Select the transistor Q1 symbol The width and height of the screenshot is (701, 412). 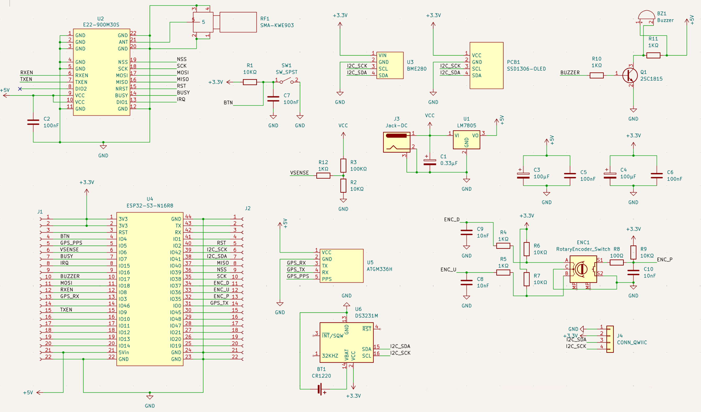point(630,75)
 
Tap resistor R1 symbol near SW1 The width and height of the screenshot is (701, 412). point(250,82)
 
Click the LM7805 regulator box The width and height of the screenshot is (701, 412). point(466,140)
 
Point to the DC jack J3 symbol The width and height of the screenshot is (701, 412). point(396,142)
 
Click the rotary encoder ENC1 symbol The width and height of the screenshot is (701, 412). point(583,269)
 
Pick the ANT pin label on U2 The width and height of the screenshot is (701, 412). point(123,42)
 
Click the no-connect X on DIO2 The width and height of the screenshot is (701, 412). point(20,89)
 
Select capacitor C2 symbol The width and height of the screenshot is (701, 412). point(33,122)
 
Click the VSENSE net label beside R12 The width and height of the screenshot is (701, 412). point(299,173)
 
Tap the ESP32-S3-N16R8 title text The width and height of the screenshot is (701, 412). point(150,206)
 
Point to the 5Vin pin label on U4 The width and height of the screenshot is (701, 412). point(124,353)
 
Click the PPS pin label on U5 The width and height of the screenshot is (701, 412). point(327,279)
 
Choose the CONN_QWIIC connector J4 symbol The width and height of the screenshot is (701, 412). point(610,339)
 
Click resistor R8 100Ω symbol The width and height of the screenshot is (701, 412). point(616,262)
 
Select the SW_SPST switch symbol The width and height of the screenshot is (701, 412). point(287,81)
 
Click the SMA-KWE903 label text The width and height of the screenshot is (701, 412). point(277,25)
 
